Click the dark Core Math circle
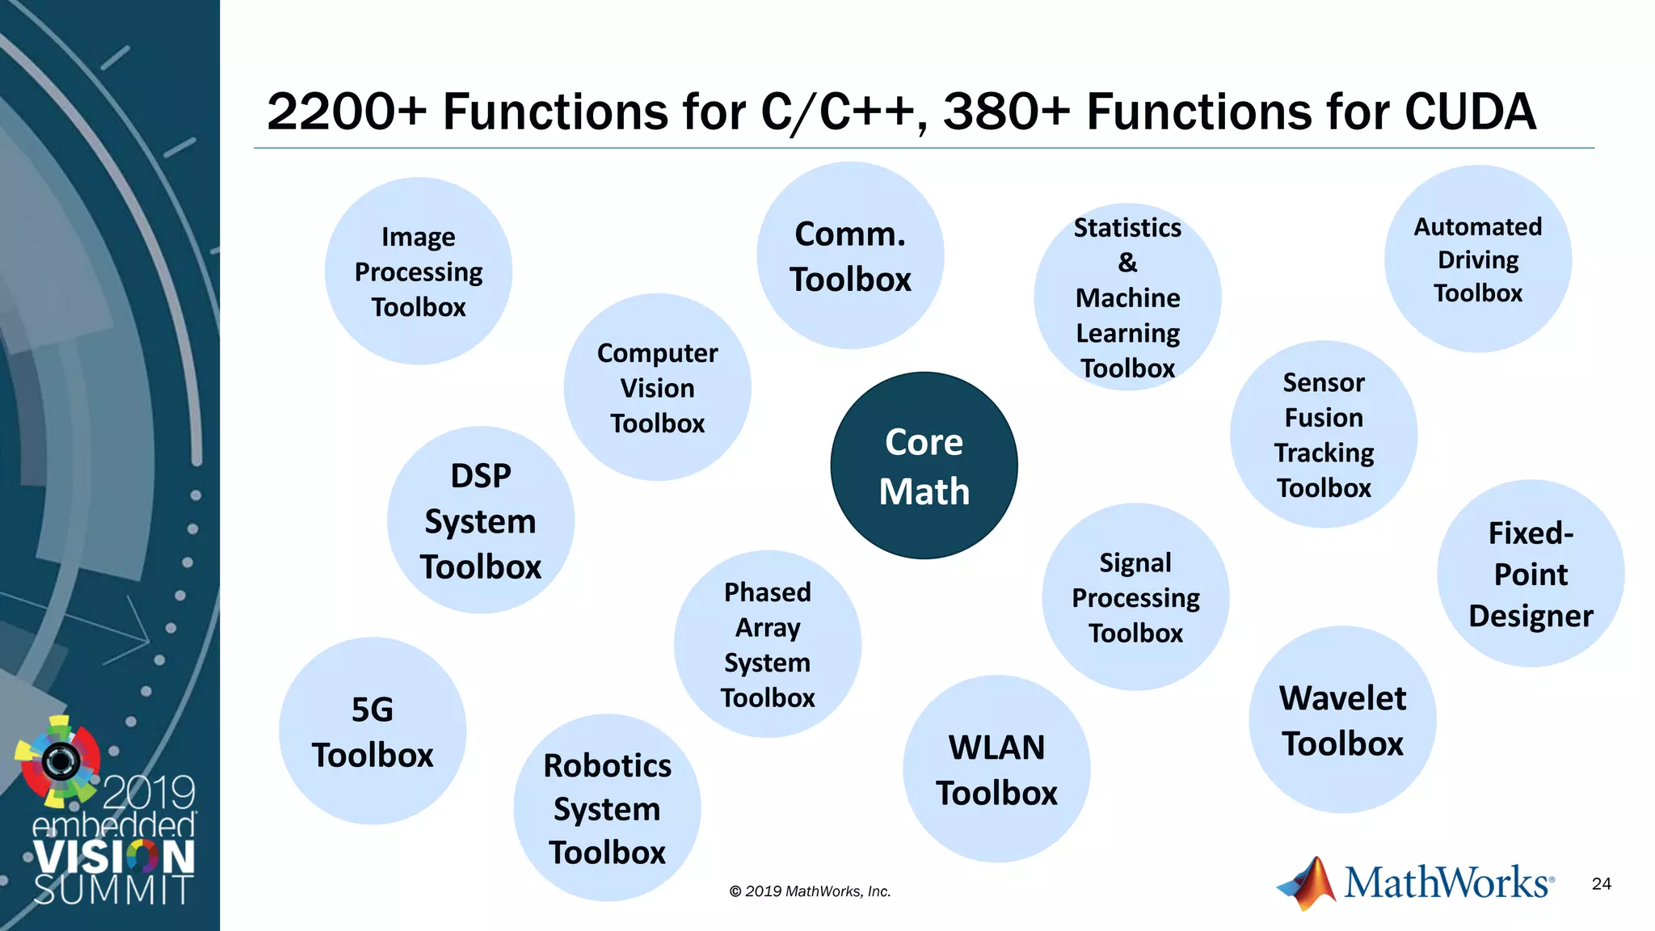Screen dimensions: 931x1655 pyautogui.click(x=924, y=465)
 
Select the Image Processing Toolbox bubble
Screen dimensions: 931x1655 pyautogui.click(x=419, y=272)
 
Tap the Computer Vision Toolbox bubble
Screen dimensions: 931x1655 pyautogui.click(x=657, y=387)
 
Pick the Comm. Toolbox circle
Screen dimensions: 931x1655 pyautogui.click(x=850, y=256)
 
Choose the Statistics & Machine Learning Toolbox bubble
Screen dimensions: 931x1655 pyautogui.click(x=1127, y=297)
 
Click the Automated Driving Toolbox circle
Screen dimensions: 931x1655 pyautogui.click(x=1477, y=259)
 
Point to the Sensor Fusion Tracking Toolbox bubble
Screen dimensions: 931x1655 pyautogui.click(x=1324, y=435)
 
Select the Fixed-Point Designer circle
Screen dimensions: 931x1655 pyautogui.click(x=1531, y=574)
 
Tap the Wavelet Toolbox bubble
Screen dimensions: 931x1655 pyautogui.click(x=1342, y=720)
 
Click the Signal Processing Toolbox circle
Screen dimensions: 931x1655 pyautogui.click(x=1135, y=597)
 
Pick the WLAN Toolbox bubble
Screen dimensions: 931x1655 pyautogui.click(x=996, y=769)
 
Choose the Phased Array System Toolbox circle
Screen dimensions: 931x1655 pyautogui.click(x=767, y=644)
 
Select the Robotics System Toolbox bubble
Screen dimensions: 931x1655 pyautogui.click(x=607, y=808)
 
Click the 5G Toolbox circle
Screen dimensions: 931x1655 pyautogui.click(x=373, y=731)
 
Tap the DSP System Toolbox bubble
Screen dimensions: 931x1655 pyautogui.click(x=481, y=520)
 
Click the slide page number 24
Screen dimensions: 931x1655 pyautogui.click(x=1601, y=884)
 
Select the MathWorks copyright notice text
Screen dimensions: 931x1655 pyautogui.click(x=810, y=891)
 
